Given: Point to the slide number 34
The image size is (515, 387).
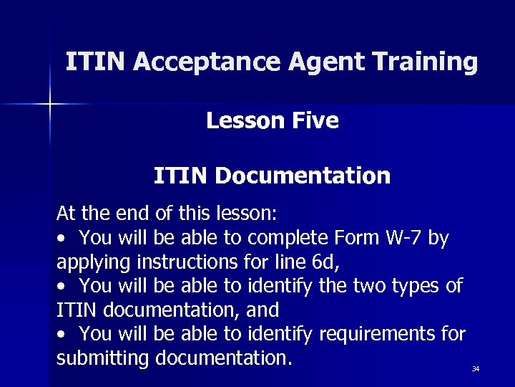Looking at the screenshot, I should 475,369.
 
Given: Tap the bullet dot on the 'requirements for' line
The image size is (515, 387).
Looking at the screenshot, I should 64,335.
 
